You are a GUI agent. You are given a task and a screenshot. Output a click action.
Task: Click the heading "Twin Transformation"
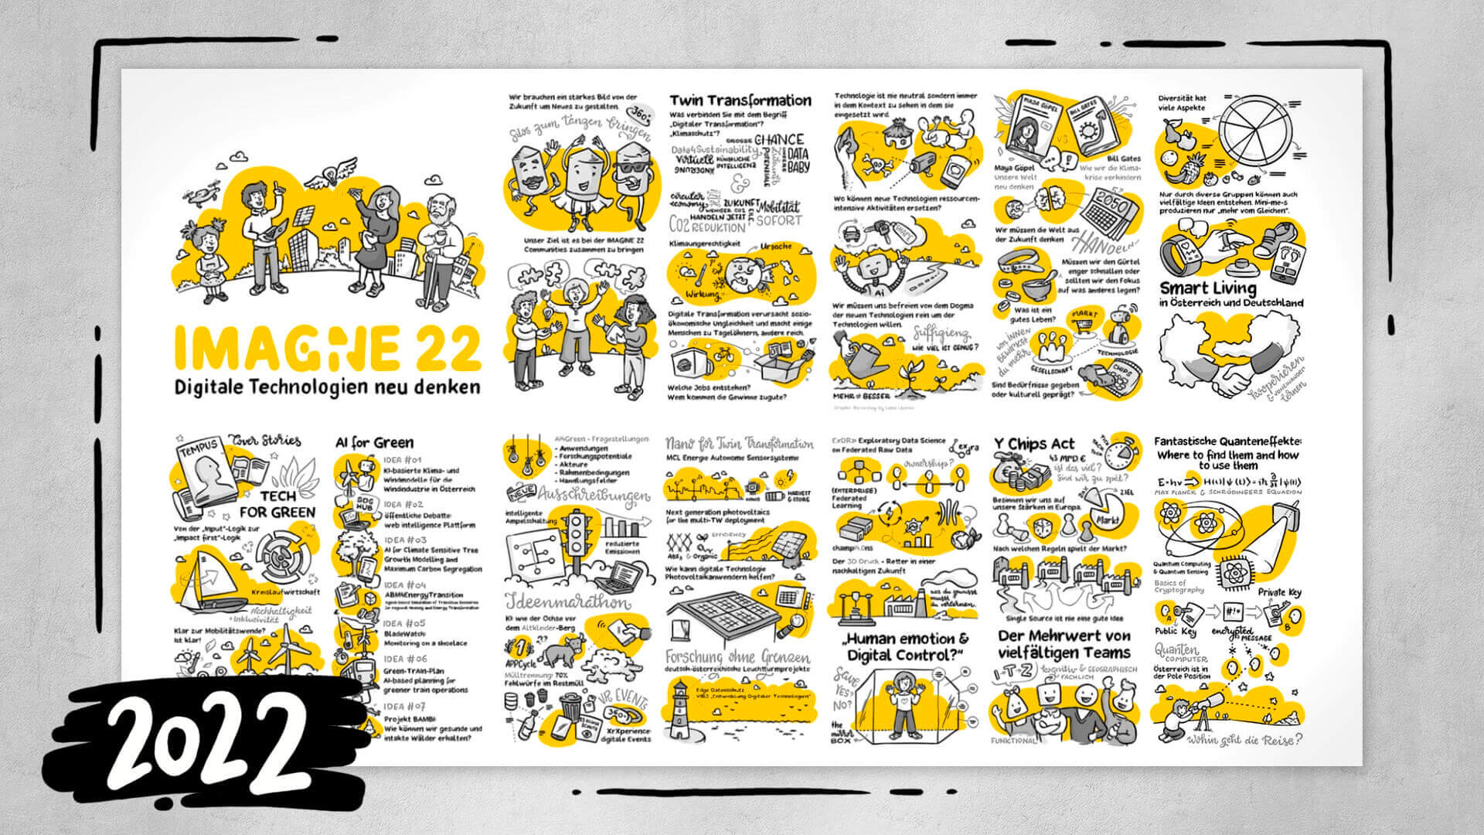point(740,101)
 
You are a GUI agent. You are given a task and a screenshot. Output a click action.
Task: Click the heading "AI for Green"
point(374,443)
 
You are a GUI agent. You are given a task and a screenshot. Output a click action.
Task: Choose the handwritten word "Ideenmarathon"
point(567,602)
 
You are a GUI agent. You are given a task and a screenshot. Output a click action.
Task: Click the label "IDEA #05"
point(404,623)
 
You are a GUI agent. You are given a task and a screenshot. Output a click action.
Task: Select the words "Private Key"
point(1279,592)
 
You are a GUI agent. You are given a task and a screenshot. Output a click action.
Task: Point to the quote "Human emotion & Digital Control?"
point(906,647)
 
